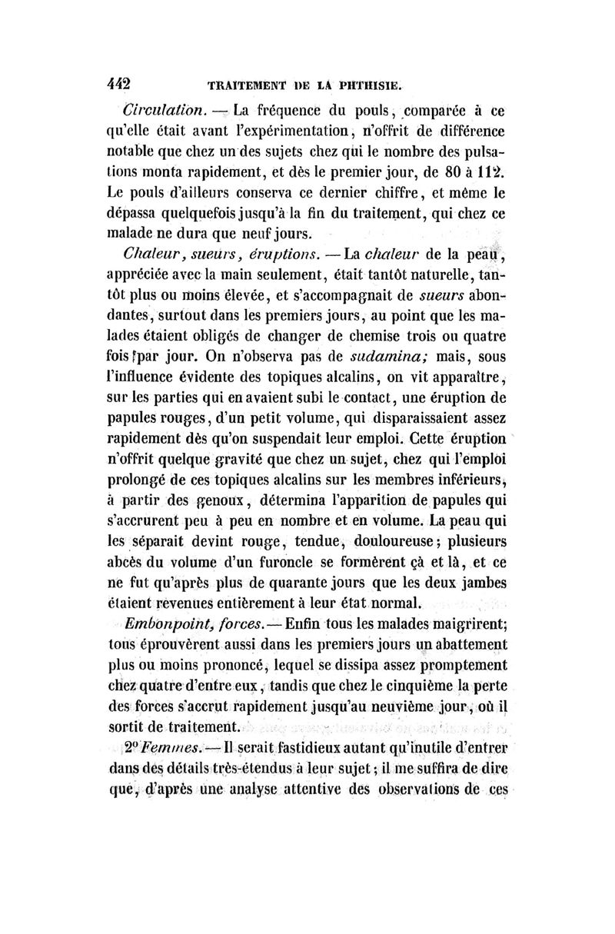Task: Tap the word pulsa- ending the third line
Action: point(469,146)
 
